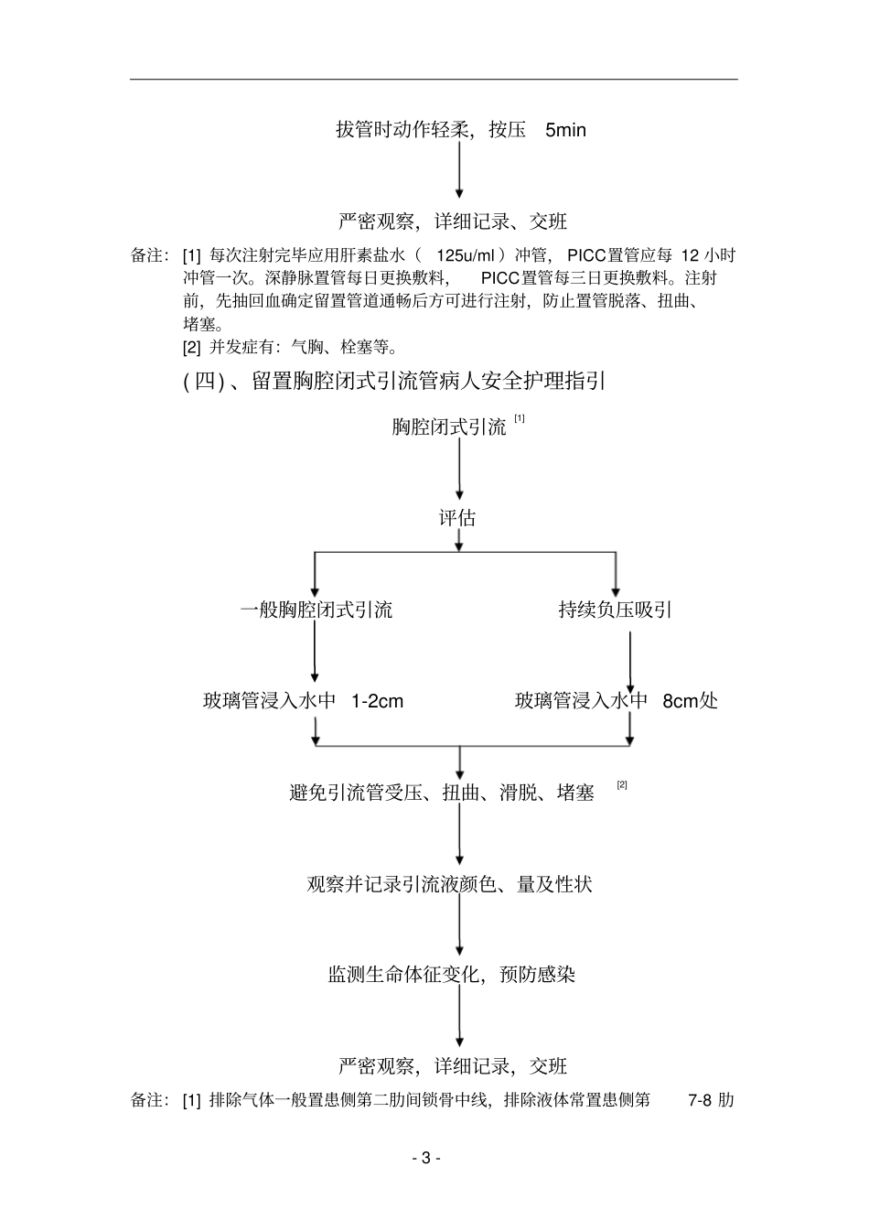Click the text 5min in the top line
pyautogui.click(x=565, y=130)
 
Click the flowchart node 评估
pyautogui.click(x=457, y=518)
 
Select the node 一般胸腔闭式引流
pyautogui.click(x=316, y=610)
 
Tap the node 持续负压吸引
pyautogui.click(x=616, y=610)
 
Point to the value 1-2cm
pyautogui.click(x=377, y=701)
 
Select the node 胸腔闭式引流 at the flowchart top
pyautogui.click(x=449, y=427)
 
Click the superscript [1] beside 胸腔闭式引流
pyautogui.click(x=520, y=419)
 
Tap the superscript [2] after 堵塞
pyautogui.click(x=622, y=784)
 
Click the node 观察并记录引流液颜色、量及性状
pyautogui.click(x=449, y=884)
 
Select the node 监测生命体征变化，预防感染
pyautogui.click(x=452, y=975)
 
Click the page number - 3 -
pyautogui.click(x=426, y=1158)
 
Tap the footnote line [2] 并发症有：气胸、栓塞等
pyautogui.click(x=290, y=347)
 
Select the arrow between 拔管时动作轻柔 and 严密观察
pyautogui.click(x=459, y=174)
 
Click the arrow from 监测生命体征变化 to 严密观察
pyautogui.click(x=459, y=1018)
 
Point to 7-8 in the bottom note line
pyautogui.click(x=700, y=1100)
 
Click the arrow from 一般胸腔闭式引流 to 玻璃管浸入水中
pyautogui.click(x=315, y=654)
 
